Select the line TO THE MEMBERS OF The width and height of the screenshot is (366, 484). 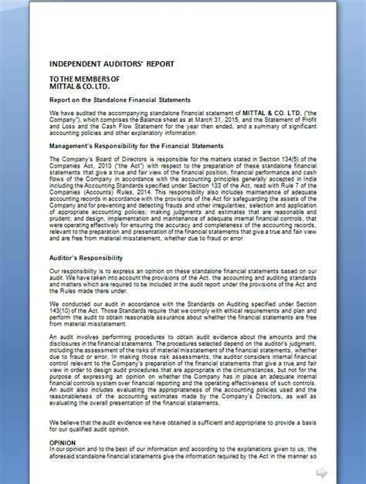click(84, 79)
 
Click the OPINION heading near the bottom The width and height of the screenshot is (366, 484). click(63, 443)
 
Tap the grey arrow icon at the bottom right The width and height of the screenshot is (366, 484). click(322, 472)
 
